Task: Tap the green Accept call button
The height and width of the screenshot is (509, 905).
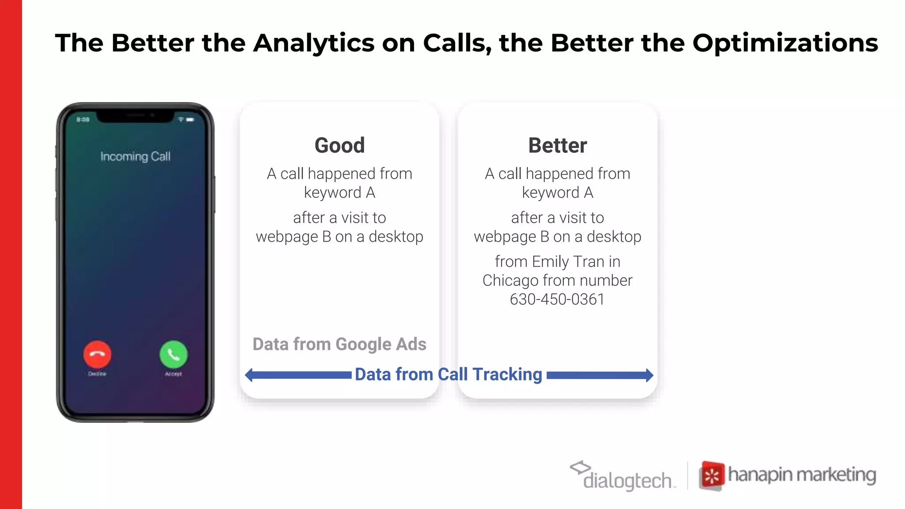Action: (x=173, y=354)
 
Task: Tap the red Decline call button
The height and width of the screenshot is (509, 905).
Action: (x=97, y=354)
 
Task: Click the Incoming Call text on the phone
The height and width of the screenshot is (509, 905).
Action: (x=135, y=156)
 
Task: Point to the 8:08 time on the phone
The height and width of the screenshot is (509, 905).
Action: (x=83, y=120)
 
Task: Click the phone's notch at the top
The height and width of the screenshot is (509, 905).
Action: (x=135, y=116)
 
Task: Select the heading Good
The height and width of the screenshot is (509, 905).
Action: (x=339, y=145)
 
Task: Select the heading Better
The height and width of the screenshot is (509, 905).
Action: (x=558, y=145)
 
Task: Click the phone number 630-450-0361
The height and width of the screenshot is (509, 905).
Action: (x=557, y=299)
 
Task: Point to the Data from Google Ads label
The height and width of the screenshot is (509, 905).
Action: (x=339, y=344)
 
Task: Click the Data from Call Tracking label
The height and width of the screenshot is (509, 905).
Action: (x=449, y=374)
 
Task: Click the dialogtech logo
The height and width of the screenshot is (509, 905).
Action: (x=623, y=476)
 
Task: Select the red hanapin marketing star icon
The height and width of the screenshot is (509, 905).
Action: (x=712, y=476)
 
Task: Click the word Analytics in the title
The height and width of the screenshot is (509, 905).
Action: (x=314, y=43)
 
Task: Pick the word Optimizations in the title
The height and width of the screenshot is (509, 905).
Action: (x=785, y=43)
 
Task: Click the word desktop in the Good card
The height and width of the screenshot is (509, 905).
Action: (x=396, y=237)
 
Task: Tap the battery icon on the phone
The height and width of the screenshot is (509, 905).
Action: (x=190, y=120)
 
